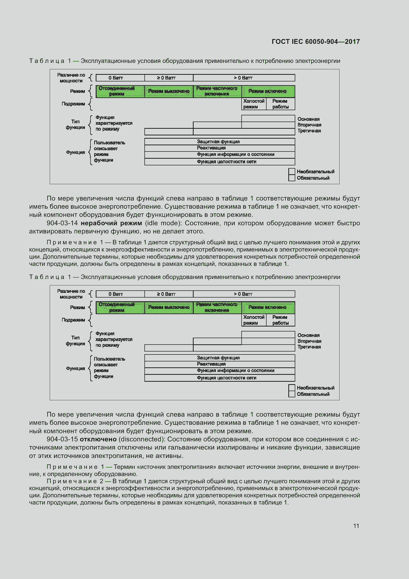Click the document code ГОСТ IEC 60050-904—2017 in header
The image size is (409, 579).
pyautogui.click(x=316, y=42)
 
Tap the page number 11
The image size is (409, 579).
pyautogui.click(x=356, y=526)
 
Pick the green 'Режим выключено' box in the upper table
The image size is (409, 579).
pyautogui.click(x=169, y=91)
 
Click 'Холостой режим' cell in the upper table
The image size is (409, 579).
pyautogui.click(x=254, y=104)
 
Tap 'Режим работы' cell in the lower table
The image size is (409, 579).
pyautogui.click(x=280, y=320)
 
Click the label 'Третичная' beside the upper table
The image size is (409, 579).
pyautogui.click(x=309, y=131)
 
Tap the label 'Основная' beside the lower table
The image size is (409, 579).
pyautogui.click(x=308, y=335)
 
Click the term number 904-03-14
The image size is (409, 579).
pyautogui.click(x=62, y=223)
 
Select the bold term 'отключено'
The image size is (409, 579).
pyautogui.click(x=98, y=439)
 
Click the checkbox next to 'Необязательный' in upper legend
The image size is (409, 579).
pyautogui.click(x=292, y=172)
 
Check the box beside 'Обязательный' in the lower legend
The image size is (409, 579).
pyautogui.click(x=292, y=394)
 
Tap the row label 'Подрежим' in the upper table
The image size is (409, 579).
pyautogui.click(x=73, y=104)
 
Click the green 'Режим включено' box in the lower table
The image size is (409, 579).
pyautogui.click(x=268, y=307)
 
